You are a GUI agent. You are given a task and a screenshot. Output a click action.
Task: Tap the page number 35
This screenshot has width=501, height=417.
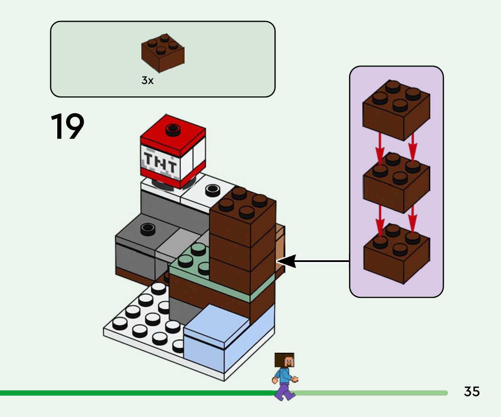tap(472, 392)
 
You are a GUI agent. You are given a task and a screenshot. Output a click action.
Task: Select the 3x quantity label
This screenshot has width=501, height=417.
tap(147, 81)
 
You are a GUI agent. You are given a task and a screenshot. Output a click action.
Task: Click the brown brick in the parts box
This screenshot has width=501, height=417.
tap(163, 53)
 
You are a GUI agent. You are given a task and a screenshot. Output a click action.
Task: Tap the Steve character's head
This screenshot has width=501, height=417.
tap(285, 360)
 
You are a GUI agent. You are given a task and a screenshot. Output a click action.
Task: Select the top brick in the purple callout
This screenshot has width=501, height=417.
tap(396, 110)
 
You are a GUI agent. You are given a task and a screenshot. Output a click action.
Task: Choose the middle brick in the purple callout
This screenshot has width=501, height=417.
tap(396, 182)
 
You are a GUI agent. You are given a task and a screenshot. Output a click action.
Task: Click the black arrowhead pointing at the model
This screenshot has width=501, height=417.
tap(286, 261)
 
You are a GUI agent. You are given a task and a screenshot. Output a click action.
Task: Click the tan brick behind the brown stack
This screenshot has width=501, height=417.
tap(280, 244)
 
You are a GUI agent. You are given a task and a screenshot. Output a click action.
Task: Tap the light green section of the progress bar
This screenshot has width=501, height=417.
tap(371, 393)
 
